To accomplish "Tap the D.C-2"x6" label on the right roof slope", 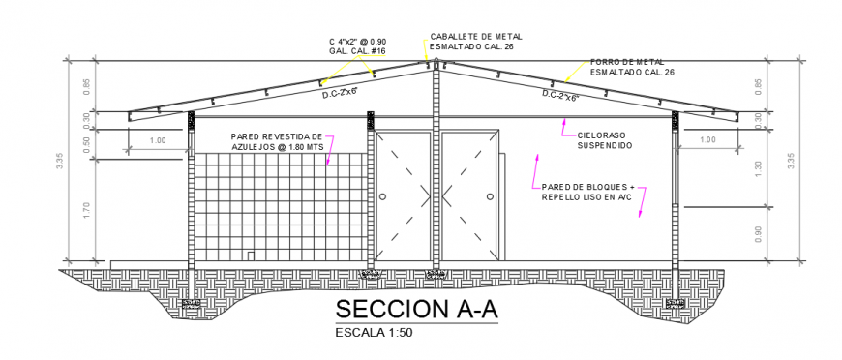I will click(x=558, y=95).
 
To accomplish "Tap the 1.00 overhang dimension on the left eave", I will click(x=157, y=141).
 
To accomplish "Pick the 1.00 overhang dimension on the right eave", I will click(x=707, y=140).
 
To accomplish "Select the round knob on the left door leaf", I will click(x=382, y=196).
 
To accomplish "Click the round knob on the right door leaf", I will click(x=491, y=196).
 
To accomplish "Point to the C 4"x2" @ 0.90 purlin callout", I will click(x=357, y=45).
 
